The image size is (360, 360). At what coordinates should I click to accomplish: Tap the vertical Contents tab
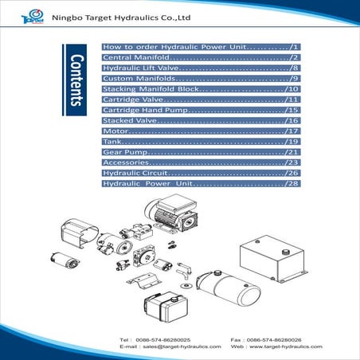(x=76, y=79)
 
